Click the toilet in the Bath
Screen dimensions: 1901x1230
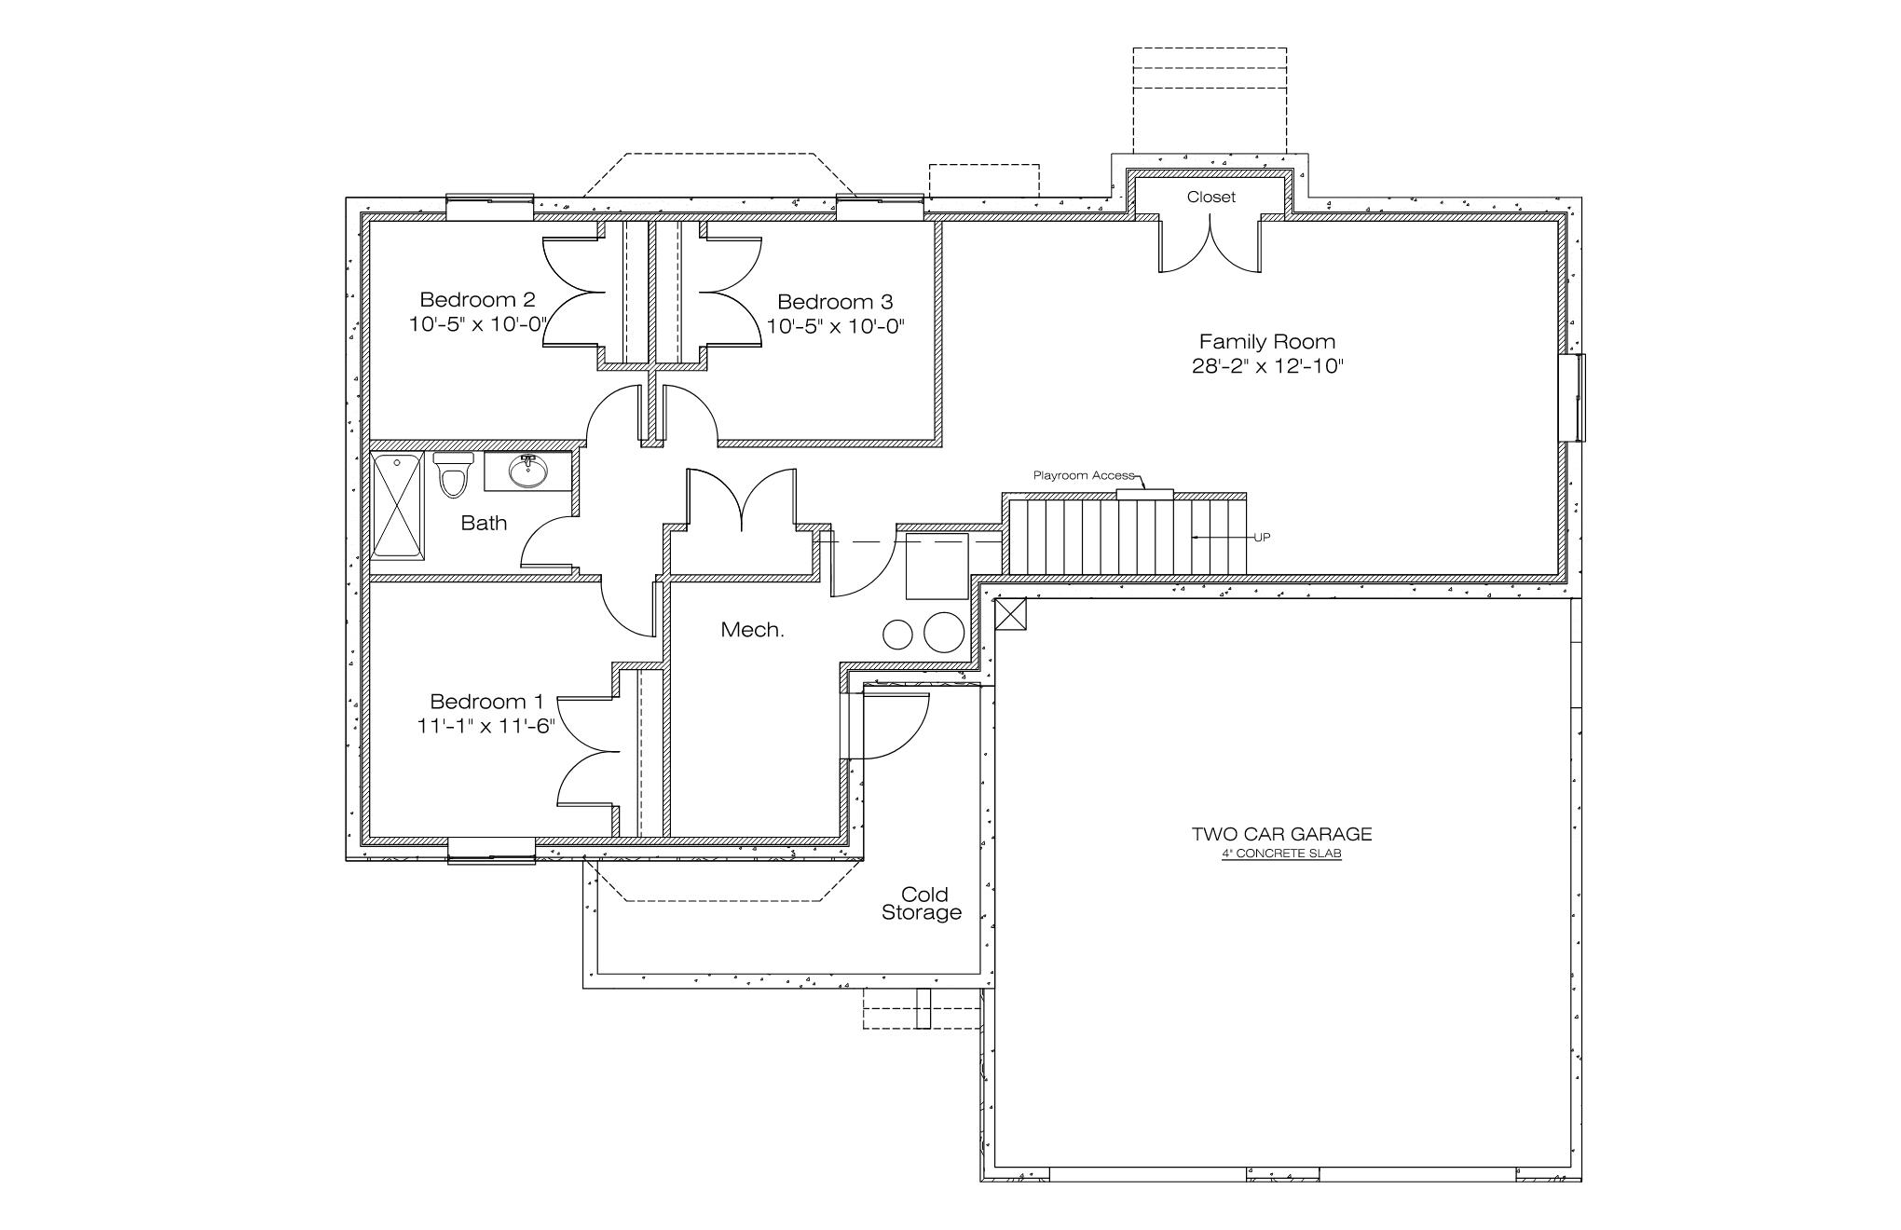coord(454,474)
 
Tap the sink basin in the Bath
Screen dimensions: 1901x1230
coord(527,471)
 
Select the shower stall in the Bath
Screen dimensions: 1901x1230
coord(398,506)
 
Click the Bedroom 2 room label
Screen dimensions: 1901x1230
coord(477,300)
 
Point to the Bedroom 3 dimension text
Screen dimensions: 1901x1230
coord(836,326)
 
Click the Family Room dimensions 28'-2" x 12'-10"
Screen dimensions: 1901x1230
coord(1267,366)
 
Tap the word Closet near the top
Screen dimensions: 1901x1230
coord(1210,197)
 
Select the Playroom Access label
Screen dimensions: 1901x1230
coord(1084,475)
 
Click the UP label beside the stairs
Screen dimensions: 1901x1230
coord(1262,537)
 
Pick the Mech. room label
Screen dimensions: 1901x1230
coord(753,630)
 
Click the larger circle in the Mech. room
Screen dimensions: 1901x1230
coord(943,633)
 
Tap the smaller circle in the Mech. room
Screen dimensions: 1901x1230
coord(897,635)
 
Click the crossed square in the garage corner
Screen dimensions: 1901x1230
coord(1010,614)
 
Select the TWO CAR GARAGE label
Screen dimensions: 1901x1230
coord(1281,834)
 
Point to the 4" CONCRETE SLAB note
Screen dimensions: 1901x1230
coord(1281,854)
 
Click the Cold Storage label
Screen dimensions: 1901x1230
coord(922,904)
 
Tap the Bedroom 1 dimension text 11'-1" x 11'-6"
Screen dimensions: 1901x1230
coord(486,726)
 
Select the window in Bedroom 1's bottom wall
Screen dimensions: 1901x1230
coord(492,849)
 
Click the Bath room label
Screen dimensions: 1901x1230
coord(485,523)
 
